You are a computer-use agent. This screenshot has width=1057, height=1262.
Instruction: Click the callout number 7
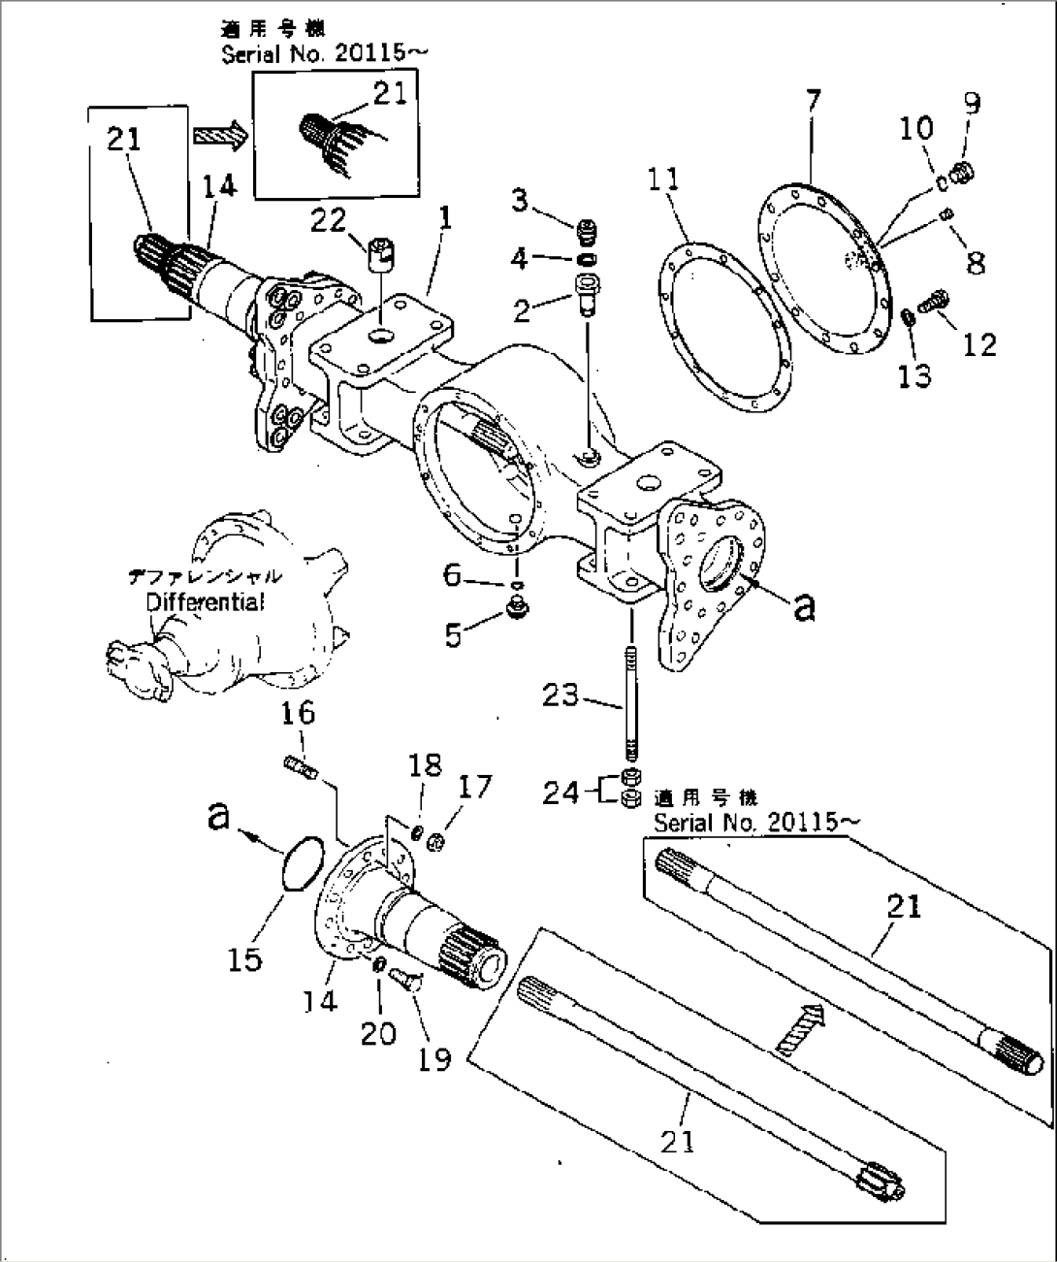(813, 101)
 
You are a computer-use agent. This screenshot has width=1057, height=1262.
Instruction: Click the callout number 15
(245, 959)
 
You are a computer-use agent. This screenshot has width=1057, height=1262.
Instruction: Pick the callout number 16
(298, 714)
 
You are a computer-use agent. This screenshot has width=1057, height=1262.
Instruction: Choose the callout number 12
(980, 344)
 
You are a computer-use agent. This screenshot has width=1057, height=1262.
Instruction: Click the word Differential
(204, 602)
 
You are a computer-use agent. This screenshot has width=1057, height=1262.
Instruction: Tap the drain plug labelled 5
(517, 611)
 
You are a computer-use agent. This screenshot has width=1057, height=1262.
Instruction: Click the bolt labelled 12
(937, 303)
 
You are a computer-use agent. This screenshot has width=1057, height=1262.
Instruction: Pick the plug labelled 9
(963, 173)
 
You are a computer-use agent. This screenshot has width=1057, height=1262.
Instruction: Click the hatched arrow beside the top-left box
(220, 135)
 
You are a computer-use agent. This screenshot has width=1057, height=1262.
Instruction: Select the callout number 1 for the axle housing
(444, 219)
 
